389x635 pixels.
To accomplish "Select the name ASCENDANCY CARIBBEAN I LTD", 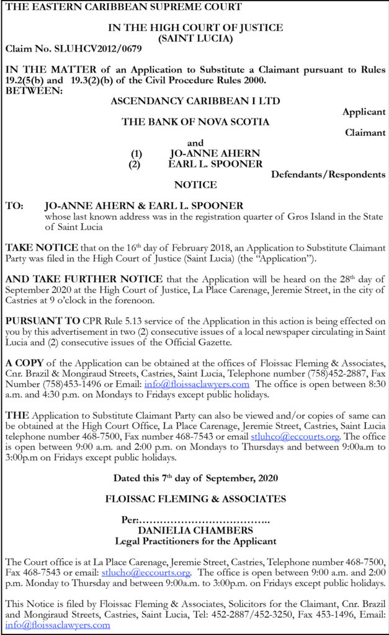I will pyautogui.click(x=195, y=100).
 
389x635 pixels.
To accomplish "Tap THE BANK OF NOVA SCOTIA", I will pyautogui.click(x=195, y=122).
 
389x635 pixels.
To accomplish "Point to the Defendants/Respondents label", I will pyautogui.click(x=328, y=174).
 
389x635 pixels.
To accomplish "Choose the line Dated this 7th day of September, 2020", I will pyautogui.click(x=195, y=478).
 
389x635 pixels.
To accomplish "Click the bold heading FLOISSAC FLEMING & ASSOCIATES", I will pyautogui.click(x=195, y=499).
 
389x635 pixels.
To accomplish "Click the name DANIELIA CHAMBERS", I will pyautogui.click(x=195, y=531).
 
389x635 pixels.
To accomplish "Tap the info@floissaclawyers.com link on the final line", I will pyautogui.click(x=56, y=625).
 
